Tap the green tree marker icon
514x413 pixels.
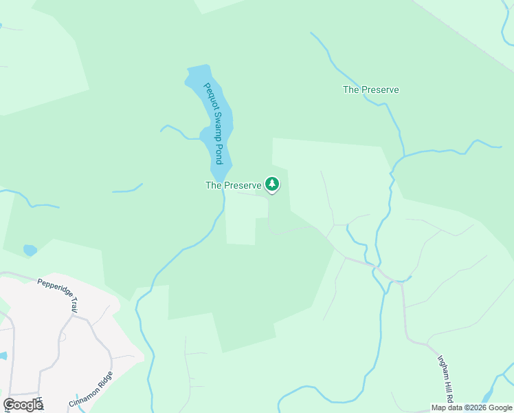click(x=273, y=184)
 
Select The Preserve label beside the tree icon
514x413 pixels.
click(x=234, y=185)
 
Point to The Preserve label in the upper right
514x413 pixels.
click(x=370, y=89)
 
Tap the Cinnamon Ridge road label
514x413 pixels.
click(x=90, y=390)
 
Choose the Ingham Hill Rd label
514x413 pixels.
click(x=447, y=378)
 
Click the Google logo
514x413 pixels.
click(x=23, y=405)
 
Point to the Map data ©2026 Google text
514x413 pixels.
click(x=472, y=407)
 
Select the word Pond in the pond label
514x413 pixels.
click(x=219, y=153)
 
